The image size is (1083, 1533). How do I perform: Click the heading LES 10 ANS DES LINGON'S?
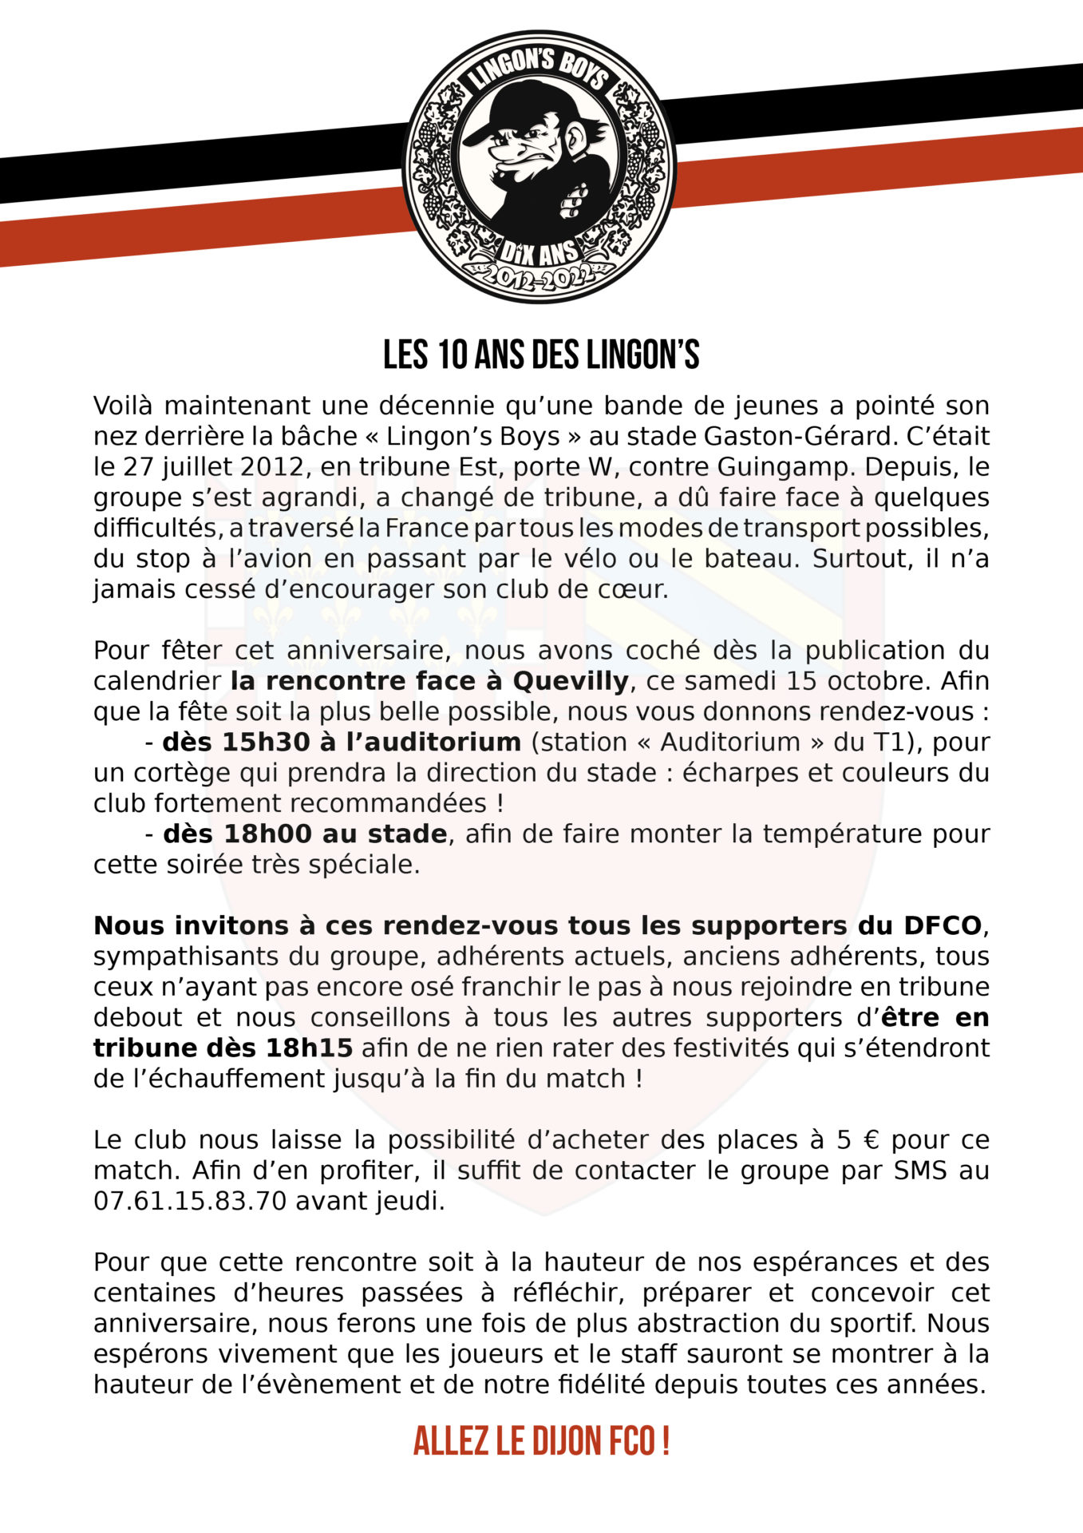coord(541,355)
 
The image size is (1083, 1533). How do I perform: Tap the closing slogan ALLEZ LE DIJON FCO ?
coord(541,1441)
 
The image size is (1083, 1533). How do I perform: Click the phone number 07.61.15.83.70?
coord(190,1201)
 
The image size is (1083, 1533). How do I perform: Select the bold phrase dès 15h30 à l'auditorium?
coord(342,742)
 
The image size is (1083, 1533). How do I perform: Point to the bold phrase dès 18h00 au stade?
coord(305,834)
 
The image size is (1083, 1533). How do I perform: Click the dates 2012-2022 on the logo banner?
coord(540,278)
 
